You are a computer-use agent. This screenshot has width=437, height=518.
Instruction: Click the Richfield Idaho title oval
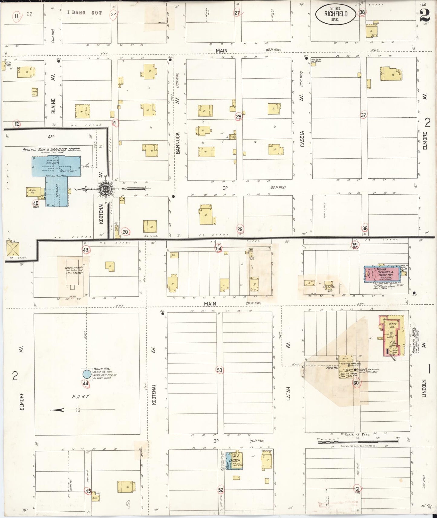pyautogui.click(x=336, y=14)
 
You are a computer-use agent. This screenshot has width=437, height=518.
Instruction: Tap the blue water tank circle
pyautogui.click(x=87, y=374)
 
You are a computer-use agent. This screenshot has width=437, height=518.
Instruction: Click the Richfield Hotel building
pyautogui.click(x=392, y=335)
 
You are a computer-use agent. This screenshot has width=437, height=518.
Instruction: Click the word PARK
pyautogui.click(x=81, y=397)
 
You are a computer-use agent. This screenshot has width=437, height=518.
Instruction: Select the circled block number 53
pyautogui.click(x=220, y=370)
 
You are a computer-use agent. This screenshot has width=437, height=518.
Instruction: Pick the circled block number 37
pyautogui.click(x=363, y=115)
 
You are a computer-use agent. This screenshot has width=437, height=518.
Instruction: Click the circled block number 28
pyautogui.click(x=239, y=117)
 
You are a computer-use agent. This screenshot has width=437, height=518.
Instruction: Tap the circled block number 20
pyautogui.click(x=125, y=232)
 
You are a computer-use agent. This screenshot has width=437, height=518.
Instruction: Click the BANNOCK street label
pyautogui.click(x=178, y=143)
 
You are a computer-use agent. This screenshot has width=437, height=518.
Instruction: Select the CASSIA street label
pyautogui.click(x=302, y=139)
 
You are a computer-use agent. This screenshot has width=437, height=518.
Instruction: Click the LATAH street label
pyautogui.click(x=288, y=393)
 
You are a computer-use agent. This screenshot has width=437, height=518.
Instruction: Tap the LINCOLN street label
pyautogui.click(x=424, y=388)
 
